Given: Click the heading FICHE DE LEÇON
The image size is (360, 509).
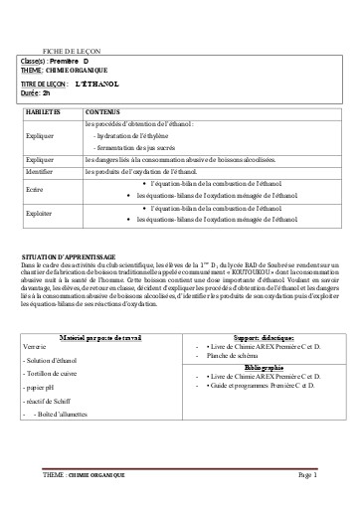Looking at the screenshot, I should pos(73,49).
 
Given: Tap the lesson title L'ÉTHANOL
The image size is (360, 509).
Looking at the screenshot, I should pos(97,84).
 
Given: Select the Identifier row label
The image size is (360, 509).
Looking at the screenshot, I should pos(40,171).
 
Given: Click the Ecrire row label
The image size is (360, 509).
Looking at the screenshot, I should pos(35,189).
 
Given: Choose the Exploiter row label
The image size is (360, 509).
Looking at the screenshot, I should pos(40,213).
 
